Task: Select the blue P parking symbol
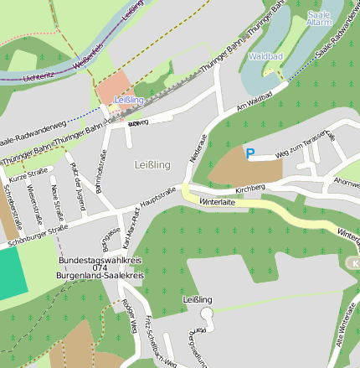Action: (249, 153)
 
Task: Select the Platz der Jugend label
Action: (78, 175)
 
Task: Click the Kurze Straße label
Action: (28, 175)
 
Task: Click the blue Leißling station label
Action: (129, 100)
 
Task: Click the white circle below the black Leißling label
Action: (207, 313)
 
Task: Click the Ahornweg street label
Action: (347, 180)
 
